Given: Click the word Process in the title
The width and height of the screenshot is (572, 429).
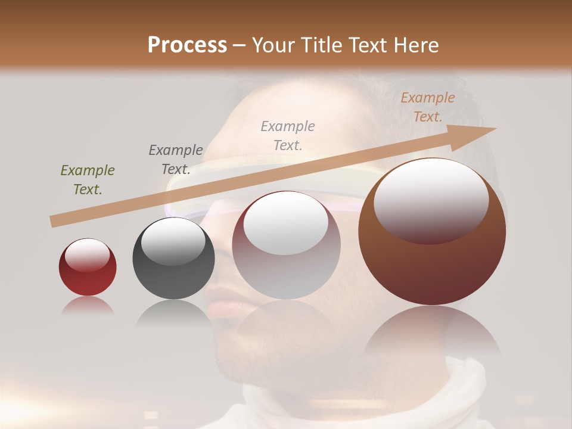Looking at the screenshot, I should click(187, 45).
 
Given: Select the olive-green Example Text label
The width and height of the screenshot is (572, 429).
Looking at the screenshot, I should click(88, 180).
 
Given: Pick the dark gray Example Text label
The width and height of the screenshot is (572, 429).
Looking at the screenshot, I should click(176, 159).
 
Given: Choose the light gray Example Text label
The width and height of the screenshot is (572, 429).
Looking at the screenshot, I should click(288, 135).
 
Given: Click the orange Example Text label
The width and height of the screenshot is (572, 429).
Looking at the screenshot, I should click(427, 107).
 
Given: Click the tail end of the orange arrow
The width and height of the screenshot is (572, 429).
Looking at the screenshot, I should click(55, 221).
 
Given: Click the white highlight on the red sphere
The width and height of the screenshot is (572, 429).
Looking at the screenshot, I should click(87, 254).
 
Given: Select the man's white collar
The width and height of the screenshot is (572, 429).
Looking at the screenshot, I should click(453, 393).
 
